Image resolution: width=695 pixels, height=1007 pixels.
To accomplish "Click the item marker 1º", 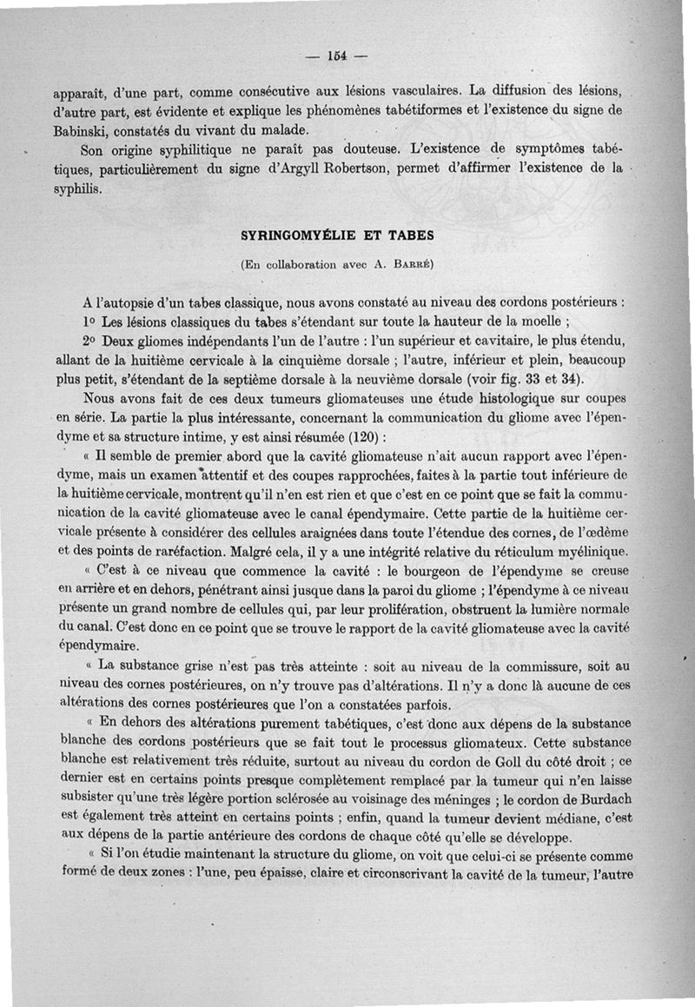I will click(x=89, y=320).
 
